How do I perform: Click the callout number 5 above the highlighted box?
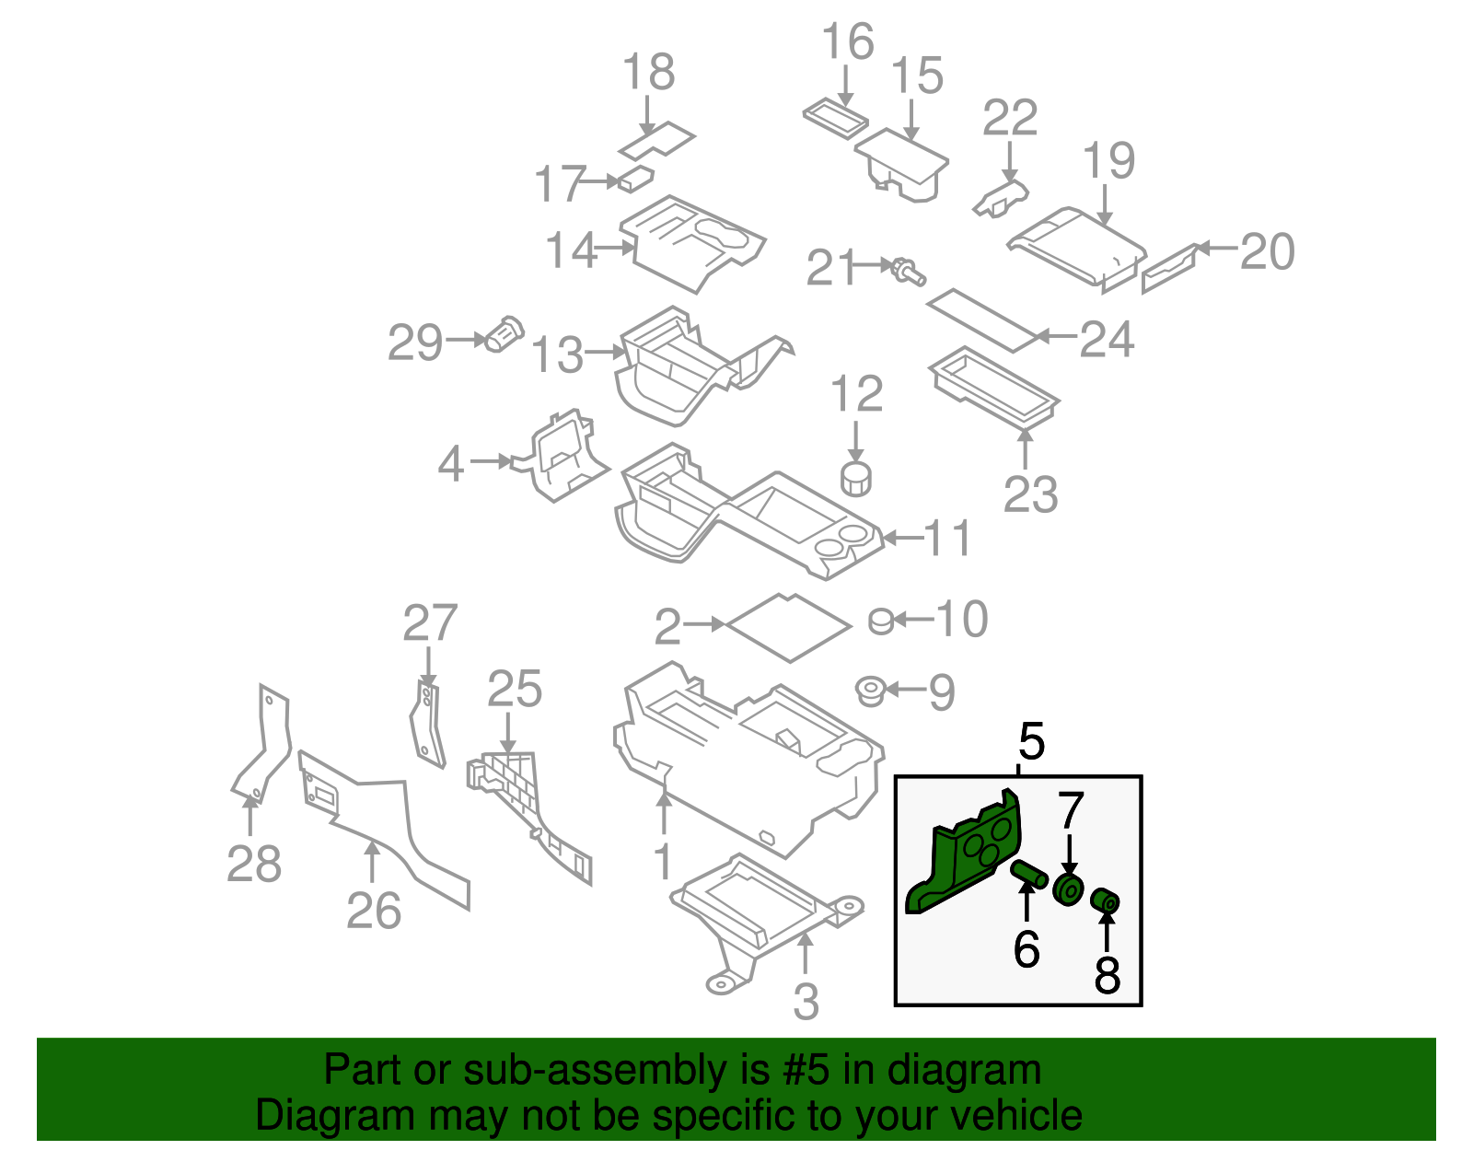pos(1031,742)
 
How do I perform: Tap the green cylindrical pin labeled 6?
pos(1029,873)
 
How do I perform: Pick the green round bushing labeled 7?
pos(1069,890)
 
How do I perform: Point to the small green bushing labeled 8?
pos(1105,901)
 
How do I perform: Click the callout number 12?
pos(856,395)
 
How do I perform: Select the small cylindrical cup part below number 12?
pos(856,479)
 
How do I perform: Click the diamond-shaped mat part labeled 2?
pos(789,627)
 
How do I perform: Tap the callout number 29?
pos(415,343)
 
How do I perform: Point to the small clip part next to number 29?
pos(504,334)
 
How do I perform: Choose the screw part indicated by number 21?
pos(908,271)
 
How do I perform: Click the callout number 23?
pos(1030,495)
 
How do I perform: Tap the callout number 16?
pos(847,43)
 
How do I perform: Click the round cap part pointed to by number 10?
pos(881,622)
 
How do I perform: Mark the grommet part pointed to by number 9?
pos(870,691)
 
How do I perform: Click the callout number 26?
pos(374,911)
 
